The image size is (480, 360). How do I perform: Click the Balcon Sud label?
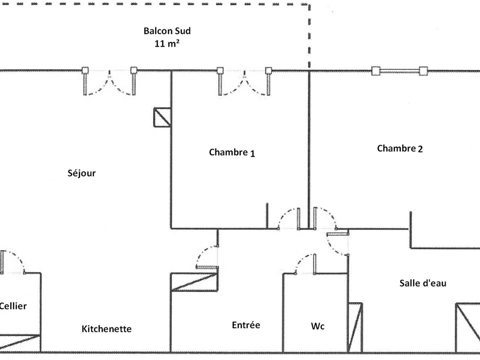[x=167, y=31]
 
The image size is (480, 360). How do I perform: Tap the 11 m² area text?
[x=167, y=43]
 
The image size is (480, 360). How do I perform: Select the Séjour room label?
[x=82, y=173]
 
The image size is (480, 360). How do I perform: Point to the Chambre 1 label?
[x=232, y=152]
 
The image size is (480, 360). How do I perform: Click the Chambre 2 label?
[x=400, y=149]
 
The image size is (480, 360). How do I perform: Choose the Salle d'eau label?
[x=423, y=283]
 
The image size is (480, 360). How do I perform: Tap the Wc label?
[x=318, y=326]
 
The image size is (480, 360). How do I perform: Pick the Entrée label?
[x=246, y=325]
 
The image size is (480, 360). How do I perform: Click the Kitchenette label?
[x=106, y=329]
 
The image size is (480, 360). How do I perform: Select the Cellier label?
[x=13, y=306]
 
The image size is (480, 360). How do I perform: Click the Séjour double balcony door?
[x=109, y=82]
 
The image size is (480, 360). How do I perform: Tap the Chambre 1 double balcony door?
[x=244, y=82]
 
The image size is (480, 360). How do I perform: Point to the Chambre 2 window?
[x=399, y=71]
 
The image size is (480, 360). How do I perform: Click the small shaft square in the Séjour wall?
[x=162, y=117]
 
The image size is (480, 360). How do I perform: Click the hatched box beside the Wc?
[x=355, y=327]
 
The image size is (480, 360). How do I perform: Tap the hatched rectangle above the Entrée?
[x=194, y=282]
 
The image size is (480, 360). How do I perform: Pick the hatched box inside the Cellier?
[x=20, y=343]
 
